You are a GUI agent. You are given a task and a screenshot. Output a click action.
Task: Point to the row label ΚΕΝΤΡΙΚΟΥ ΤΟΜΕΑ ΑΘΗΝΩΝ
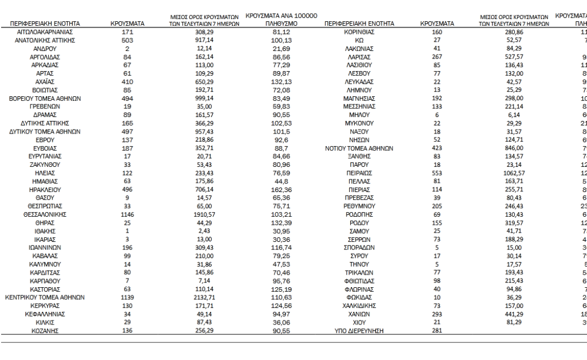point(45,298)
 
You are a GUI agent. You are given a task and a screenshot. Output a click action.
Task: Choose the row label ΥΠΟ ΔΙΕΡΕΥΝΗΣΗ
point(359,331)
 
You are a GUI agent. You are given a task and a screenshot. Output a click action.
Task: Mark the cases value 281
point(437,331)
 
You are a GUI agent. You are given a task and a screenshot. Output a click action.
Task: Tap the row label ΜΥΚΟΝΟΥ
point(359,123)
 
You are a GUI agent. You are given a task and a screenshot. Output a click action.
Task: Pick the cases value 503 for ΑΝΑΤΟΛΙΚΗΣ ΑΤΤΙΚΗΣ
point(127,41)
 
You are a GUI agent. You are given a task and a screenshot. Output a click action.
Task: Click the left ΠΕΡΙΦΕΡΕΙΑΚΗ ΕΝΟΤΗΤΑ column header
point(45,24)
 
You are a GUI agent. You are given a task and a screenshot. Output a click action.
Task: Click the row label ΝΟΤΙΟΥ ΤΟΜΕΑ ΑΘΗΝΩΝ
point(359,148)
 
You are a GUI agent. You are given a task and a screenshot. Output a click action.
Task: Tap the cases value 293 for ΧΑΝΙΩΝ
point(437,314)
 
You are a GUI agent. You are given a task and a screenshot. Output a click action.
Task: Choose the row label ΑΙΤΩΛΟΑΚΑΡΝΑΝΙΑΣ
point(45,32)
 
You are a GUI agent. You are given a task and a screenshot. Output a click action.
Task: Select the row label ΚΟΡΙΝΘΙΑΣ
point(359,32)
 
